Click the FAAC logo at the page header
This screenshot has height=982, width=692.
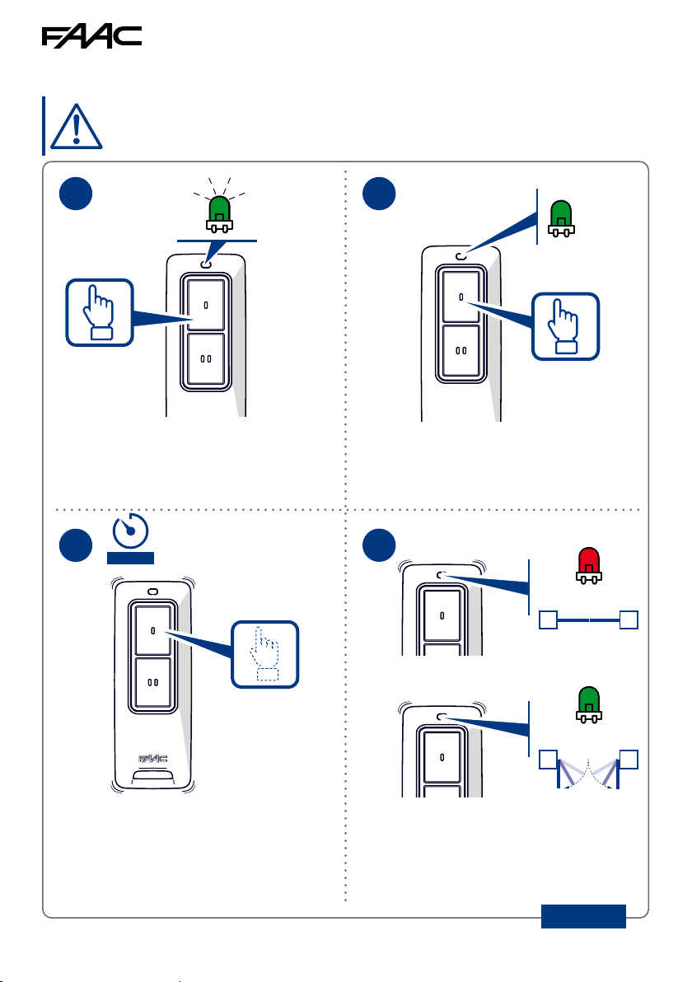click(91, 37)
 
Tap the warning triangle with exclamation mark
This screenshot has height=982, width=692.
click(76, 126)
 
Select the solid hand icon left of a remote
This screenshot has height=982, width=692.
click(100, 312)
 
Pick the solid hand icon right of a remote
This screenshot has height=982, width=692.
click(565, 326)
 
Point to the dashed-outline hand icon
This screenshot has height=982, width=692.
click(265, 654)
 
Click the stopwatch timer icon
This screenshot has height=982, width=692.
click(130, 531)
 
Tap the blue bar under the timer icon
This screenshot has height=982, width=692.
click(130, 559)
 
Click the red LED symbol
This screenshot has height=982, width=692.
click(589, 565)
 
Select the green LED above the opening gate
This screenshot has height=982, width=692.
click(589, 704)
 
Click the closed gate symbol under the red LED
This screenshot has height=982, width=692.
click(589, 620)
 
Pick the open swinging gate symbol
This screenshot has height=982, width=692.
click(589, 769)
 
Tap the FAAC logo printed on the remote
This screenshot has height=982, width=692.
click(152, 759)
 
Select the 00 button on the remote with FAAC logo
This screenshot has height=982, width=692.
click(152, 683)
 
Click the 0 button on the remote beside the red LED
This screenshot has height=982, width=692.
click(442, 615)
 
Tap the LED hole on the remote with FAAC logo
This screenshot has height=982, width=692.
click(152, 592)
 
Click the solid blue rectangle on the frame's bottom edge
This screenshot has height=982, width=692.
click(583, 916)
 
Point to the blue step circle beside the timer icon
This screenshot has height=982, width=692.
click(76, 545)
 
